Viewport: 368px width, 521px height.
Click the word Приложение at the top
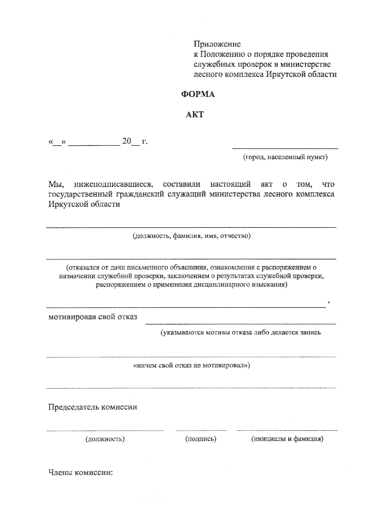(217, 44)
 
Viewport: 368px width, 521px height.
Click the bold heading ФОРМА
(198, 95)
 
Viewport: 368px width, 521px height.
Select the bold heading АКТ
(195, 115)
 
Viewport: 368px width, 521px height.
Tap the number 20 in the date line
(127, 142)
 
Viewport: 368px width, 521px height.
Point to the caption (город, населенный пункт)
(285, 157)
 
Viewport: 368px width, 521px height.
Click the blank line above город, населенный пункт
(285, 149)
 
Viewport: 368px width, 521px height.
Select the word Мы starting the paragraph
(56, 185)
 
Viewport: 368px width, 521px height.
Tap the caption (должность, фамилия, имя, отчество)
(192, 236)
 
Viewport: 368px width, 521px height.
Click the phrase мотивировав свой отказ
(93, 317)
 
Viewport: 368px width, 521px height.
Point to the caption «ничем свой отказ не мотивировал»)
(192, 366)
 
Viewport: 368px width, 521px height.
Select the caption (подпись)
(201, 439)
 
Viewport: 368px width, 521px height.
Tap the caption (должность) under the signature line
(105, 439)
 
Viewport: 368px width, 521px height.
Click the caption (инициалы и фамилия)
(287, 439)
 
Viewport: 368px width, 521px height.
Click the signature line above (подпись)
(201, 430)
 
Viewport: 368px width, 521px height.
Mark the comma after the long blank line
(328, 303)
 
